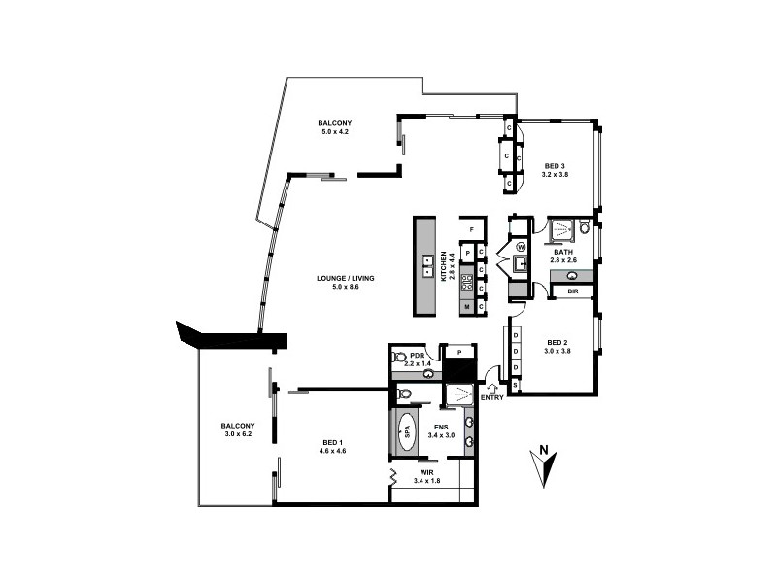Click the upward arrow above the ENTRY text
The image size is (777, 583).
(492, 385)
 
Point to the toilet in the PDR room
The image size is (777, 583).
(399, 357)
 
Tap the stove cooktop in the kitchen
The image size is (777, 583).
(466, 284)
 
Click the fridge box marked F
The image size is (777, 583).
(472, 229)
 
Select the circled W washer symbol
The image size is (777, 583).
(520, 247)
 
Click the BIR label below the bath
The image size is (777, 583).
(573, 291)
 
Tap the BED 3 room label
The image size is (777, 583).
(555, 166)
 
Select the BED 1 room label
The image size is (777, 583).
(334, 443)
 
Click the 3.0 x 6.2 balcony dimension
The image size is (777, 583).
(237, 433)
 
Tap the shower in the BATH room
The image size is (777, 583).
(560, 230)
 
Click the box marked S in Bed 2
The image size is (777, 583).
(515, 386)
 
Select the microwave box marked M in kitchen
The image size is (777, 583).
(467, 307)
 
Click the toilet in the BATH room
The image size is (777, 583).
(585, 228)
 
